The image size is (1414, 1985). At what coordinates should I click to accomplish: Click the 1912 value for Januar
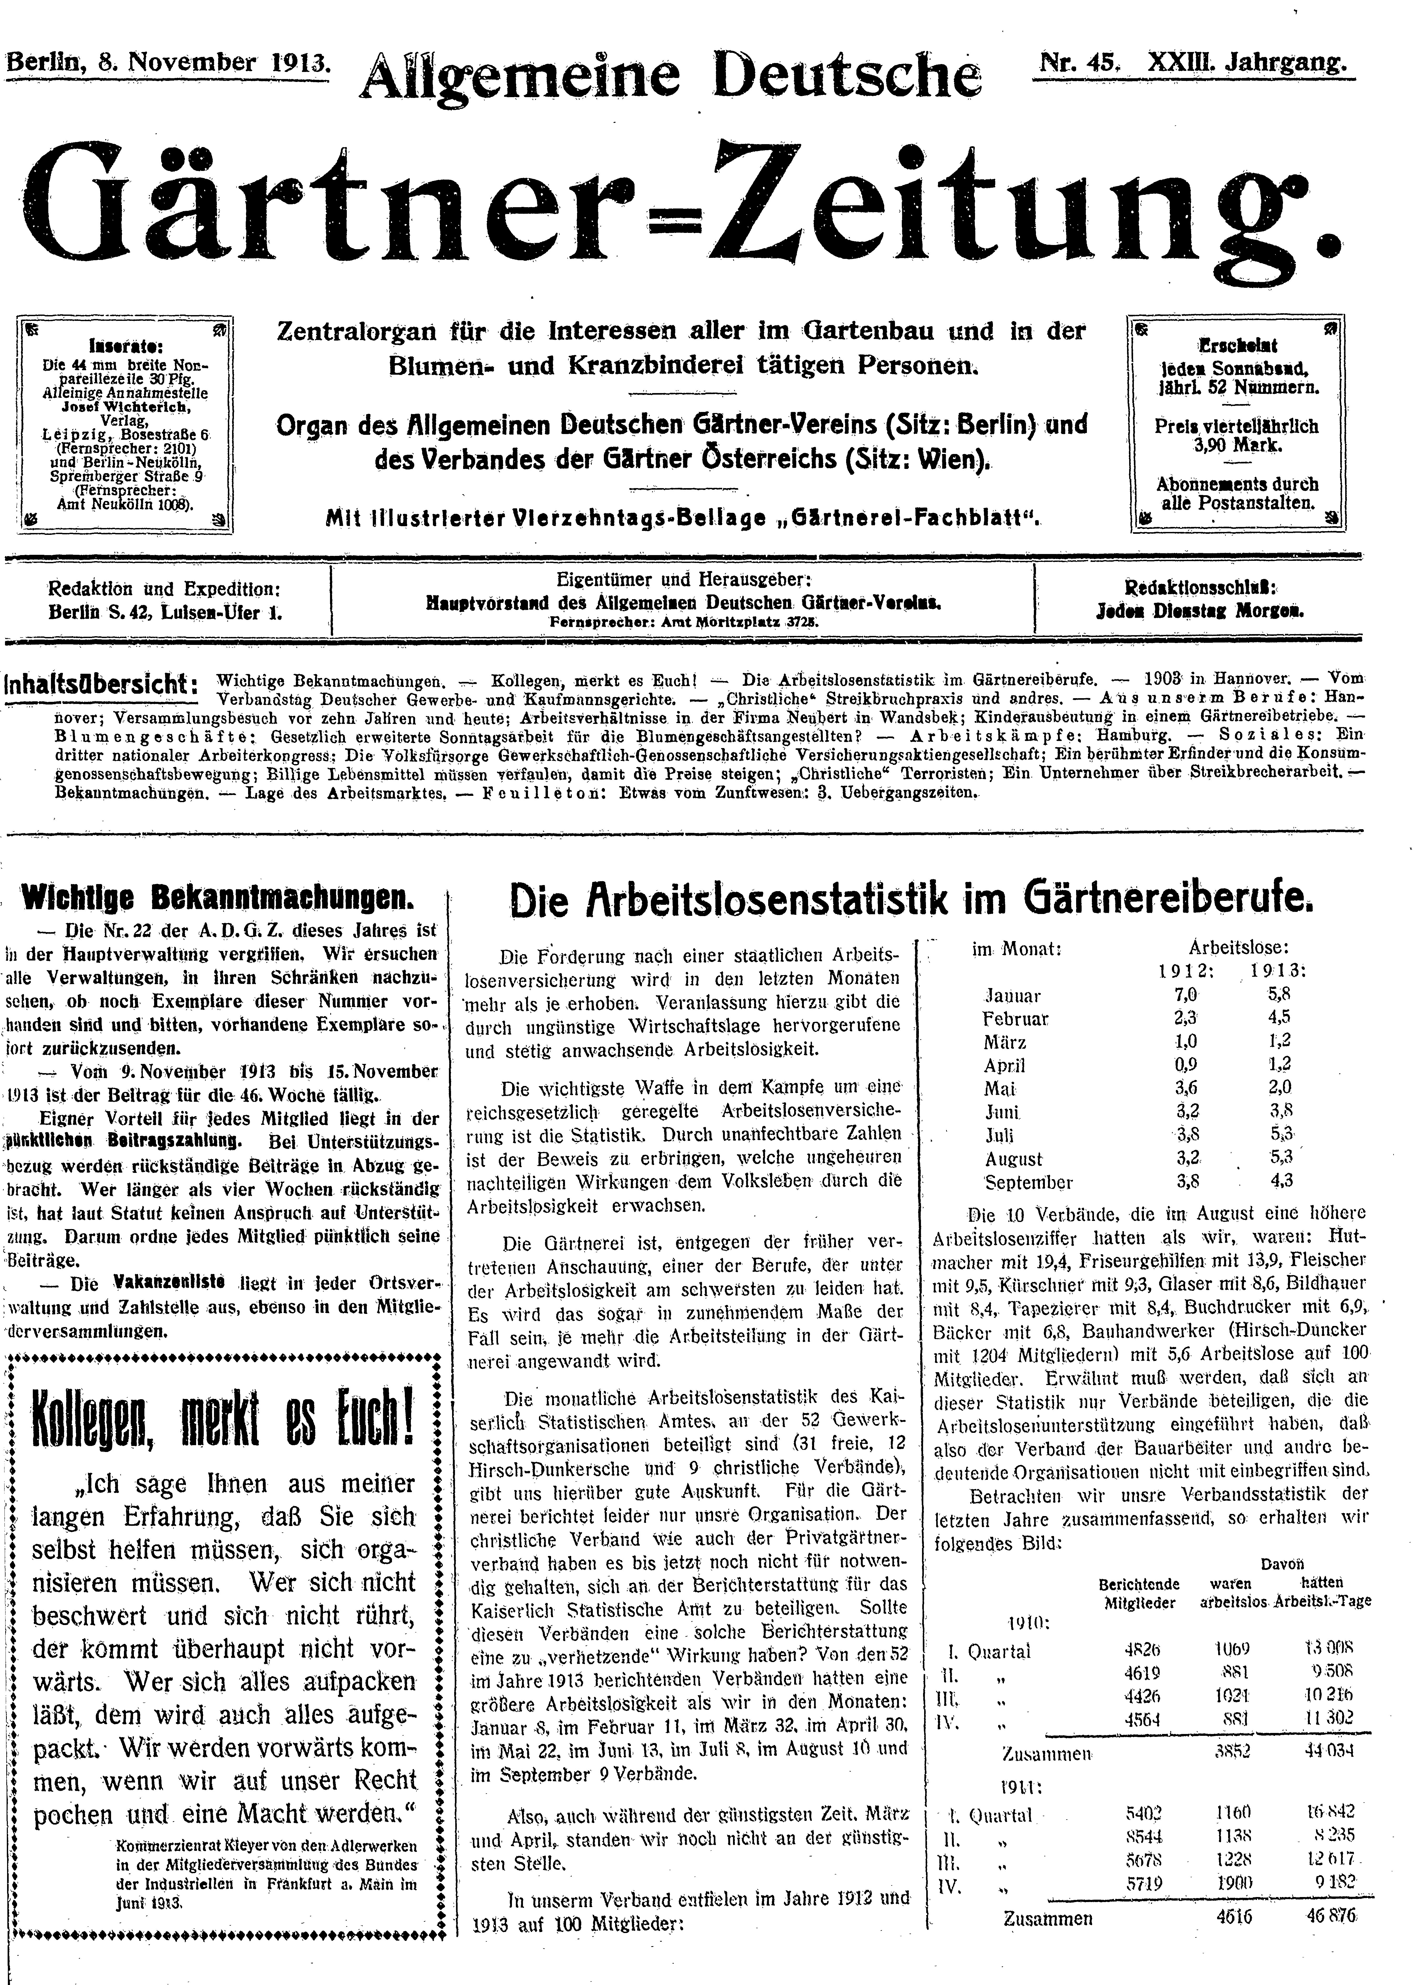[1186, 994]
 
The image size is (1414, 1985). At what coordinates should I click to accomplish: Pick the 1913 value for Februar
[1280, 1018]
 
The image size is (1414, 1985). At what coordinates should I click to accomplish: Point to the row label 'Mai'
[999, 1088]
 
